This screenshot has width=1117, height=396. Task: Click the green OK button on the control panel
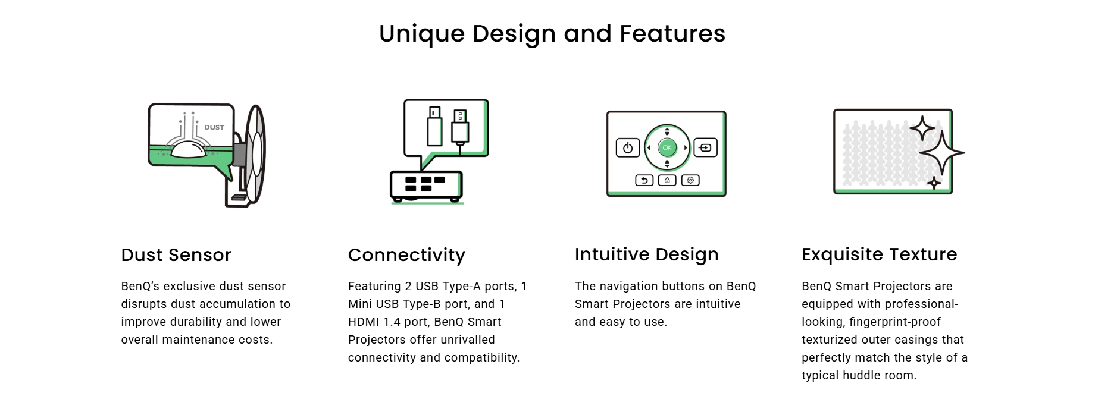[667, 147]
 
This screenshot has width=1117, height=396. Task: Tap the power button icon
[628, 148]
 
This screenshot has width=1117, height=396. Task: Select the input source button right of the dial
[706, 147]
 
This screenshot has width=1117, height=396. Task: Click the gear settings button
[690, 180]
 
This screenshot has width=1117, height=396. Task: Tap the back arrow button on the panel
[644, 180]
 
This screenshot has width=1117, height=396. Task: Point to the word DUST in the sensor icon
[214, 127]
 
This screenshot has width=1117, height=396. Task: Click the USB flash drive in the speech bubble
[435, 126]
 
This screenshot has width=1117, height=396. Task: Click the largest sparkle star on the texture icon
[941, 153]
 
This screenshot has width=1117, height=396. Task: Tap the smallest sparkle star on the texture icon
[934, 183]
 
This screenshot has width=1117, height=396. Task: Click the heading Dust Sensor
[176, 255]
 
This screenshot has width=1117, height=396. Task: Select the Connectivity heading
[406, 255]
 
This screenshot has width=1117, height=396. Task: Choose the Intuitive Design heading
[647, 254]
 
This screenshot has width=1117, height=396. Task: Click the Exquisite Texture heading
[880, 254]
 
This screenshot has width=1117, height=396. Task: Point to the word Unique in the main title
[422, 34]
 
